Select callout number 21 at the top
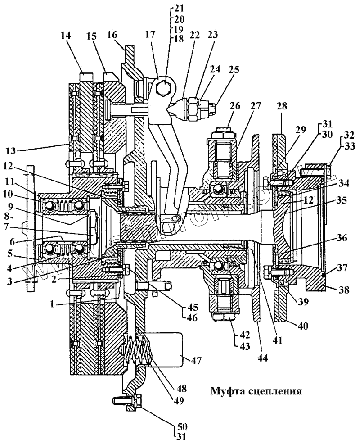179,9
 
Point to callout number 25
234,70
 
